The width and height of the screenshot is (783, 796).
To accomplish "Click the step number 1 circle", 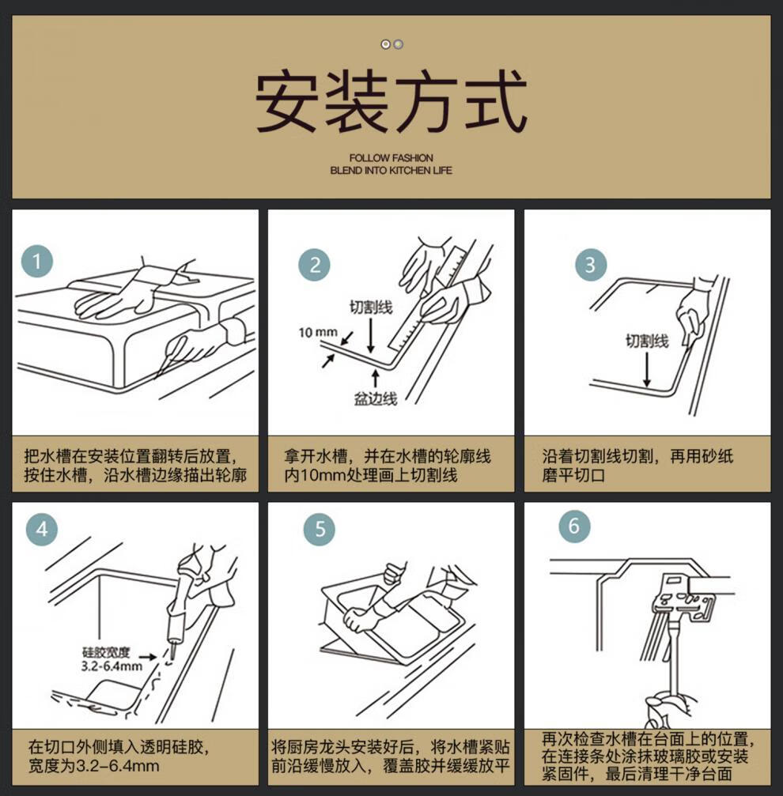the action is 36,262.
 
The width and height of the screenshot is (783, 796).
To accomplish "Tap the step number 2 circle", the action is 314,265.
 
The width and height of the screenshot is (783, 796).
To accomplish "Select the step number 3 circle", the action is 590,265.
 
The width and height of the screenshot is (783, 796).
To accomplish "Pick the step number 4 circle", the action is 42,530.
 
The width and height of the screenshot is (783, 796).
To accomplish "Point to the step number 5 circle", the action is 319,530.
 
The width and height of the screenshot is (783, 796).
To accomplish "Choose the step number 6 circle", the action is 573,526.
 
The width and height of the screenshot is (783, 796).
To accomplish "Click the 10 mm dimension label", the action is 318,333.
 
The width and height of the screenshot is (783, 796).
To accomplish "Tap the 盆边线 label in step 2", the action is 376,399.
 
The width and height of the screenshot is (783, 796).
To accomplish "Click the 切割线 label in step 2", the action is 371,307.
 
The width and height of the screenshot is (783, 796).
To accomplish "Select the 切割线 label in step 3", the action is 647,341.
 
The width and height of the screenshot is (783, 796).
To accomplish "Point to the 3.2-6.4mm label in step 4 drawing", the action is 112,666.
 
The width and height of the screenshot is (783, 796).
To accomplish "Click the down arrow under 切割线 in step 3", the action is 647,370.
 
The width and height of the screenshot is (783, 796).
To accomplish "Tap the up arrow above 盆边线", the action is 375,379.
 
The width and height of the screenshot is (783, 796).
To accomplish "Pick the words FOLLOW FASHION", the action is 391,158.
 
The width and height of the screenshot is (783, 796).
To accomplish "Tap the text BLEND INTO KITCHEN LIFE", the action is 391,171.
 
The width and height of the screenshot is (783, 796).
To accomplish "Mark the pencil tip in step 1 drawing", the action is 156,377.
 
